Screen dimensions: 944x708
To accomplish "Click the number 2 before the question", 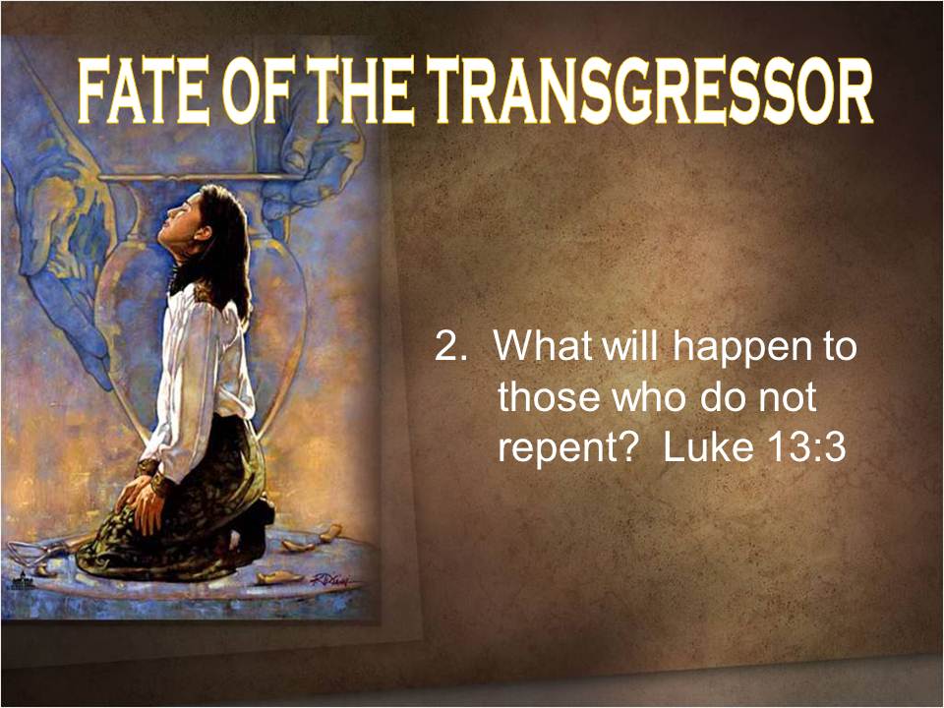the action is (x=446, y=347).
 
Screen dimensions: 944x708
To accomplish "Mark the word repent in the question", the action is (x=560, y=450).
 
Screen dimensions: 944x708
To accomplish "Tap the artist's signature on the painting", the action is (x=328, y=581).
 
